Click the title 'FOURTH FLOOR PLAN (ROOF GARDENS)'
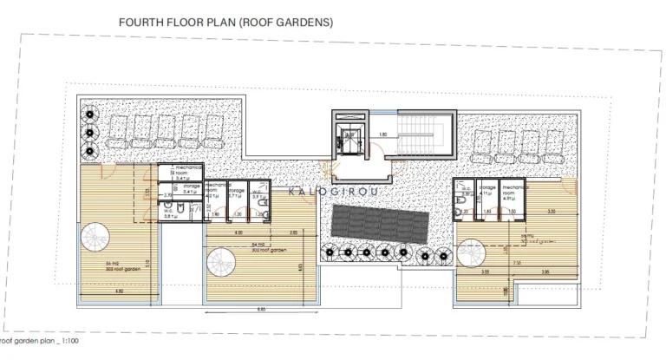(x=225, y=23)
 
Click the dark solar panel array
(x=378, y=223)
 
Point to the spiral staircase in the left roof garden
(x=96, y=239)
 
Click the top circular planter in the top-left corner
(x=89, y=113)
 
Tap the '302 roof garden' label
(x=264, y=249)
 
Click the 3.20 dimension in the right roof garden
(x=550, y=212)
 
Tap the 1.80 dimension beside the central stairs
(x=382, y=134)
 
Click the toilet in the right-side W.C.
(x=463, y=207)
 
